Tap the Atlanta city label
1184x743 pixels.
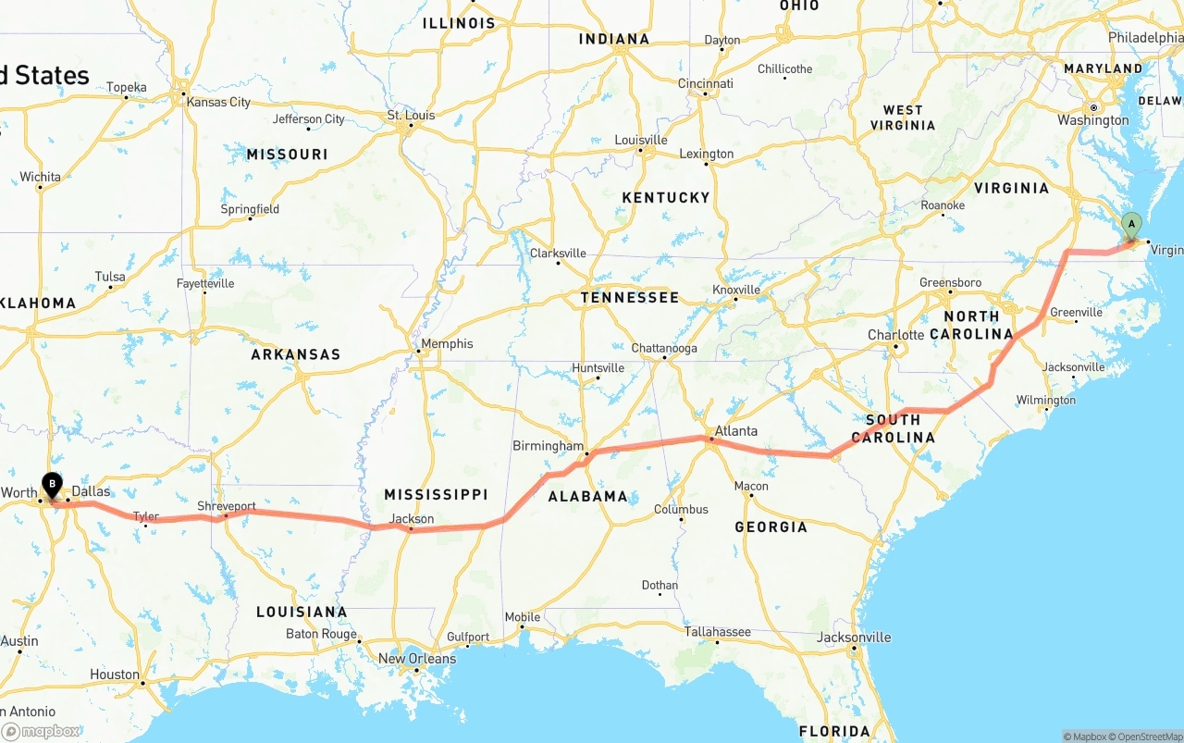tap(735, 431)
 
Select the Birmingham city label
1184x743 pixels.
tap(549, 446)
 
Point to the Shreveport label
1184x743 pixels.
tap(226, 506)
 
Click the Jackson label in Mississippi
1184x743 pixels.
tap(412, 518)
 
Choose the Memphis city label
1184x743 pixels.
tap(447, 344)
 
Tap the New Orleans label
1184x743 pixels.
tap(416, 659)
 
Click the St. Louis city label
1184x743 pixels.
tap(411, 116)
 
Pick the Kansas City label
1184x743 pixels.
tap(218, 102)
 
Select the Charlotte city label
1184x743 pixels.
tap(895, 335)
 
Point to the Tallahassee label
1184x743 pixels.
tap(717, 632)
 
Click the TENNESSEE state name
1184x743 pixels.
tap(629, 298)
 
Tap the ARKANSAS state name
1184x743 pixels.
tap(295, 354)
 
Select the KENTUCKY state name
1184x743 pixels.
tap(665, 198)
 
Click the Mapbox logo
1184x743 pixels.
tap(42, 731)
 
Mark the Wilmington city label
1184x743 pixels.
tap(1045, 401)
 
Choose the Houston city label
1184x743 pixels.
tap(115, 675)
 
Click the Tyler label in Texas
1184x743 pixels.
tap(145, 516)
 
